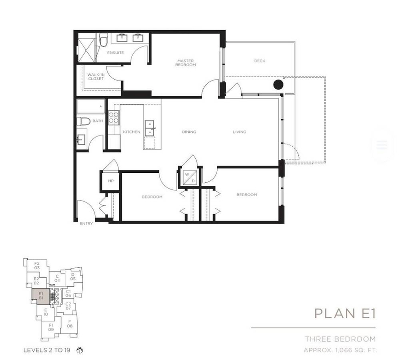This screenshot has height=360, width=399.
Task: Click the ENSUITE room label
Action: (115, 53)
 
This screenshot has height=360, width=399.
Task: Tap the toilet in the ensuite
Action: (103, 40)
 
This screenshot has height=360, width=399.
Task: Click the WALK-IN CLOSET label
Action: (96, 76)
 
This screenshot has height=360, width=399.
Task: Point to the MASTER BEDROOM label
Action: (185, 63)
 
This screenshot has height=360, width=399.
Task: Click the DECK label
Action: (260, 61)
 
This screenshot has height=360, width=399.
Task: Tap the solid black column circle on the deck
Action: (278, 85)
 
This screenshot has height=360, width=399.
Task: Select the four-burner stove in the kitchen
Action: (114, 118)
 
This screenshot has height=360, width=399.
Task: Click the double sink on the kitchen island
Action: (150, 128)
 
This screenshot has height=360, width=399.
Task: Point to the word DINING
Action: (189, 132)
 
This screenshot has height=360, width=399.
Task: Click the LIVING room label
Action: (239, 132)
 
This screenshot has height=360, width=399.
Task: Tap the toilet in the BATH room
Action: (84, 121)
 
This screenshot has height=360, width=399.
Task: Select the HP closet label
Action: (111, 181)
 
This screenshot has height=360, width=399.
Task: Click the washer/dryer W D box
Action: (190, 177)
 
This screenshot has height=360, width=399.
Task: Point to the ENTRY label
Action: (86, 224)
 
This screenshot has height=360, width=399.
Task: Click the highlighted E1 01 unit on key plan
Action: (41, 297)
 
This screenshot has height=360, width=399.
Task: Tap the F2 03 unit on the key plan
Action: (37, 266)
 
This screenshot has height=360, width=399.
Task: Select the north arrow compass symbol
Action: (80, 351)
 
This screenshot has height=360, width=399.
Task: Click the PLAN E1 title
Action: (345, 313)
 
